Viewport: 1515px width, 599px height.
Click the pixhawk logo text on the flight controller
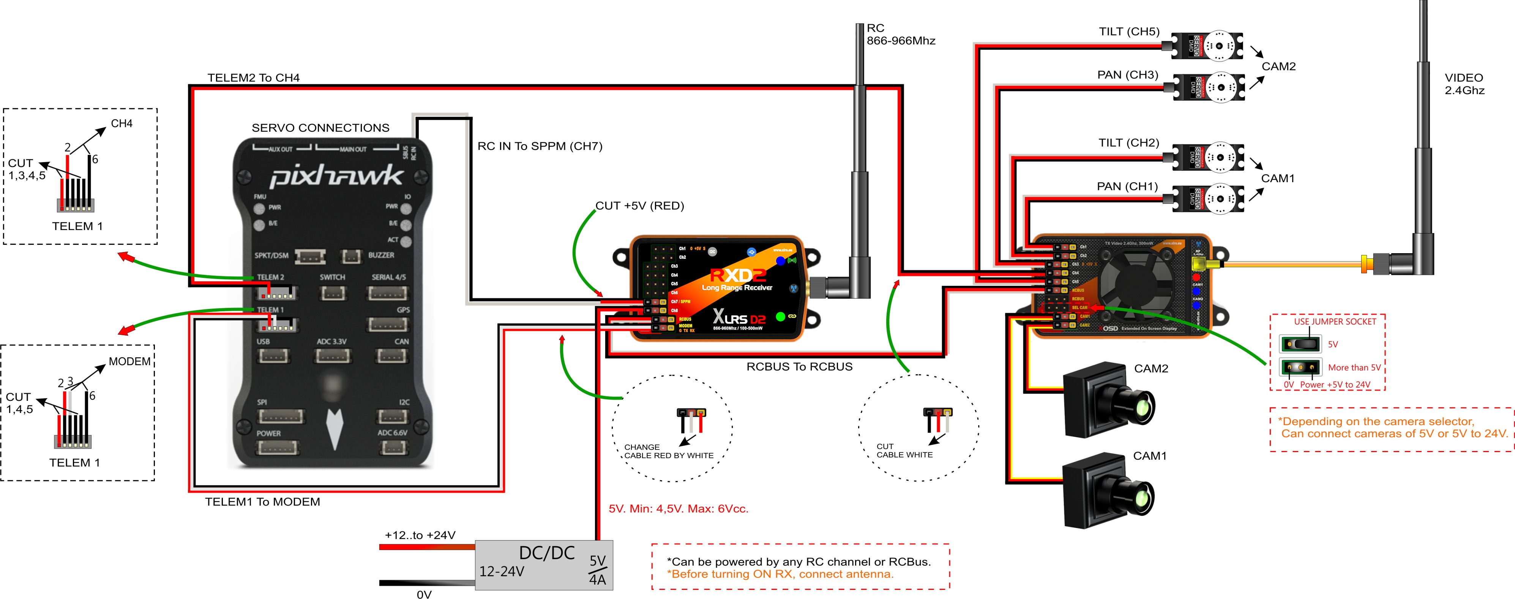coord(336,175)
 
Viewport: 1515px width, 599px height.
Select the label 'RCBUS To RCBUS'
coord(799,367)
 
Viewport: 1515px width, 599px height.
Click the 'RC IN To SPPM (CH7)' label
coord(539,146)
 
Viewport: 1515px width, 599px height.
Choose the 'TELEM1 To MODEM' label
coord(262,501)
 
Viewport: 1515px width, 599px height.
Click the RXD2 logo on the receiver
coord(737,275)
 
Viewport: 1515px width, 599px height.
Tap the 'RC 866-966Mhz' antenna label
coord(900,35)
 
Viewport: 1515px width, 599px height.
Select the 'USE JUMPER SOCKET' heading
coord(1334,322)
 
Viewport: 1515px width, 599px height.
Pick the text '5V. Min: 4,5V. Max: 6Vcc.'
coord(678,509)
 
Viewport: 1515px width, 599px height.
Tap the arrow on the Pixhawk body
coord(335,429)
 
